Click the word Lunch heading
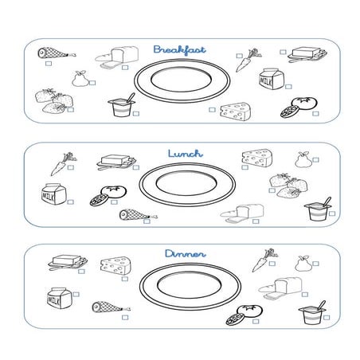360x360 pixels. (185, 152)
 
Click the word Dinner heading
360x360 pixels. (185, 254)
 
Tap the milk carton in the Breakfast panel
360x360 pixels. (269, 80)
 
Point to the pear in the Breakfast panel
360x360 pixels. (79, 79)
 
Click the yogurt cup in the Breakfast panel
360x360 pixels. (123, 108)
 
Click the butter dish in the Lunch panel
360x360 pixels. (115, 162)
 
